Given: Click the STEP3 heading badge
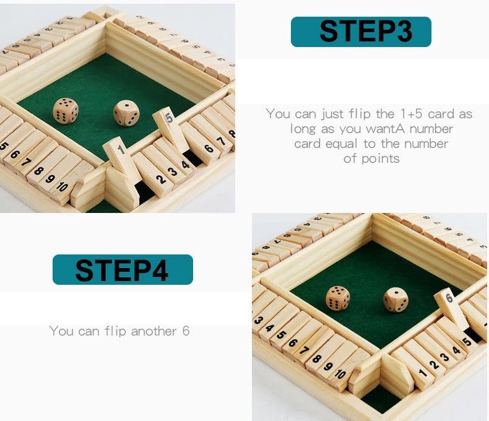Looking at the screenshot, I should coord(361,32).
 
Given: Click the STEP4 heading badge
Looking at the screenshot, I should coord(123,269).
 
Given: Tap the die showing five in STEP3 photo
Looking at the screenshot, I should coord(66,111).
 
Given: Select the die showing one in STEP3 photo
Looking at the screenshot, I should coord(126,113).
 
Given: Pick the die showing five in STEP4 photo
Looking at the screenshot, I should coord(337,298).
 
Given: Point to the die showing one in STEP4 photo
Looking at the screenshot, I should coord(396,300).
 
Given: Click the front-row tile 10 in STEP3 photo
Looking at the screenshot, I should coord(63,185).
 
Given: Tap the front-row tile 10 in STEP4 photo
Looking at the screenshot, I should coord(340,373).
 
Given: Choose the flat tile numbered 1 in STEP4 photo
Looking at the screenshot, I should coord(423,373).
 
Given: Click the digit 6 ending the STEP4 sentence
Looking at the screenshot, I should coord(185,331).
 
